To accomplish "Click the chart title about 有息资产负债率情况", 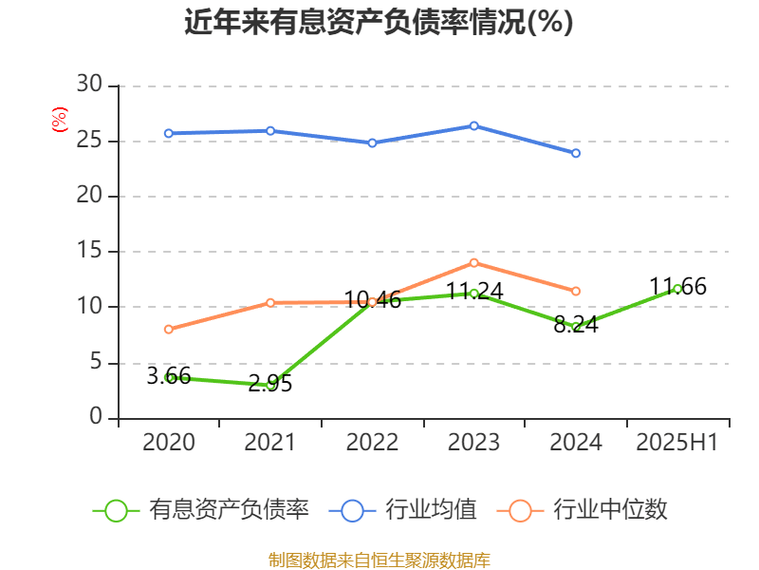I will coord(379,23).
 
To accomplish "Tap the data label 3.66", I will coord(169,376).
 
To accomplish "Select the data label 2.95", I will coord(270,385).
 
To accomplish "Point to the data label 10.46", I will coord(372,301).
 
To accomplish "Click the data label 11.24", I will coord(474,292).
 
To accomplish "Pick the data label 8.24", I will coord(576,324).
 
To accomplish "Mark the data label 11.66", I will coord(677,287).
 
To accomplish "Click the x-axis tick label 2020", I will coord(169,443).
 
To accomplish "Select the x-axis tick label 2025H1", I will coord(677,443).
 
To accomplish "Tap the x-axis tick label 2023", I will coord(474,443).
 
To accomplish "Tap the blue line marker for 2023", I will coord(474,125).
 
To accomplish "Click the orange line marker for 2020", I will coord(169,330).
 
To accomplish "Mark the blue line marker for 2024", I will coord(576,153).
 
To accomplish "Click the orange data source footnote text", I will coord(379,560).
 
